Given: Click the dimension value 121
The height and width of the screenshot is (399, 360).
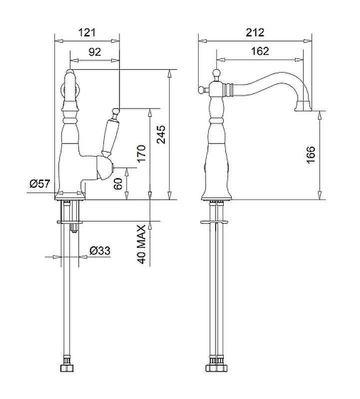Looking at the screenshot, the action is tap(87, 33).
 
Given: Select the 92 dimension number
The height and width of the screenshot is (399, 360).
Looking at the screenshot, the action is tap(95, 52).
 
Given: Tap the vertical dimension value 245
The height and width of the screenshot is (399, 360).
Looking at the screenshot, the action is tap(161, 134).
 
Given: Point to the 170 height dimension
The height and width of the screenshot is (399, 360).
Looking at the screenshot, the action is tap(141, 154).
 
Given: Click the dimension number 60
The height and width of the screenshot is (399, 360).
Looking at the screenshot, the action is tap(118, 184).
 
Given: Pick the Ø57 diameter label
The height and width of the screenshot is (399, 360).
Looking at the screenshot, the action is tap(40, 184).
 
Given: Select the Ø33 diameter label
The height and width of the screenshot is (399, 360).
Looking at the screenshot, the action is tap(100, 251).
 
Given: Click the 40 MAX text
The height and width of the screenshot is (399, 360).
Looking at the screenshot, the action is tap(141, 244).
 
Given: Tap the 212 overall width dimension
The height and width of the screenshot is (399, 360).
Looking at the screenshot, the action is tap(255, 32).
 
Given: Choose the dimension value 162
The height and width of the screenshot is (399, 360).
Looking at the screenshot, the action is tap(260, 51).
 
